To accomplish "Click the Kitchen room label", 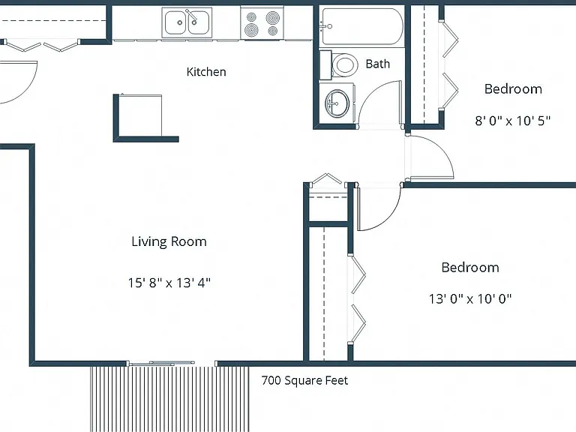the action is click(x=206, y=72).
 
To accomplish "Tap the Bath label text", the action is click(x=378, y=64).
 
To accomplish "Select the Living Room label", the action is click(x=169, y=241).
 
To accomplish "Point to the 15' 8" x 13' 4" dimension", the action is click(x=169, y=283).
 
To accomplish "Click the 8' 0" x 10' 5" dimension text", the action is click(x=513, y=121).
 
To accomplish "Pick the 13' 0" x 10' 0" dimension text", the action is click(x=470, y=298).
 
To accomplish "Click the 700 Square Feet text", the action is click(x=304, y=380).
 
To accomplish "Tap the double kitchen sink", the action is click(x=187, y=22).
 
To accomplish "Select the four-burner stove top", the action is click(x=262, y=23).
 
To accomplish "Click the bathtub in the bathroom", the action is click(x=361, y=26).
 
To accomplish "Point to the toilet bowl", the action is click(x=344, y=65).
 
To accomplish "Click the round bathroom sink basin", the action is click(x=337, y=103).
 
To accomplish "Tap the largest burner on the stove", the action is click(x=273, y=17).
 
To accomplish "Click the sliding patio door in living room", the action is click(x=161, y=363).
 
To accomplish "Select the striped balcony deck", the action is click(x=169, y=399).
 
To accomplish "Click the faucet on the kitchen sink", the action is click(x=191, y=16).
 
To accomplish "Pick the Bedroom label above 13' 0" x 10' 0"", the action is click(x=470, y=268).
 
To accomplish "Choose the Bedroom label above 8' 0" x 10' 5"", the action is click(x=513, y=89).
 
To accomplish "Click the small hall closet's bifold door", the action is click(x=326, y=178).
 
